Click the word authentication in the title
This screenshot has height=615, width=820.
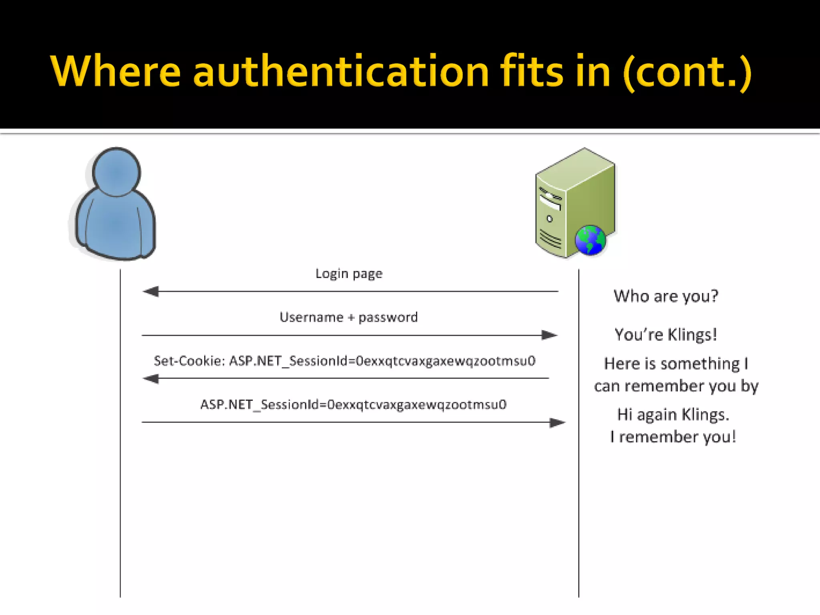pyautogui.click(x=341, y=72)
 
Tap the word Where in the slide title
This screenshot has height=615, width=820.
pyautogui.click(x=116, y=72)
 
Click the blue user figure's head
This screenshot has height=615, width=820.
pyautogui.click(x=117, y=172)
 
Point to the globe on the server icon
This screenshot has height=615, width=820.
pyautogui.click(x=590, y=240)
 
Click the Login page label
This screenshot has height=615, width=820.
pyautogui.click(x=349, y=274)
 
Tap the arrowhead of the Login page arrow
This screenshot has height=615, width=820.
pyautogui.click(x=151, y=291)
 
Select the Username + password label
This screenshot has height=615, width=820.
pyautogui.click(x=348, y=318)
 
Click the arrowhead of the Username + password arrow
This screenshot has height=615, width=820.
pyautogui.click(x=549, y=335)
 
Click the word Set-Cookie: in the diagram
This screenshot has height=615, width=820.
pyautogui.click(x=189, y=361)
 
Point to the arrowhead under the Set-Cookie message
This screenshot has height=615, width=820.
pyautogui.click(x=151, y=378)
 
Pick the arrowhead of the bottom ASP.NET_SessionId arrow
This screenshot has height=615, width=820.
pyautogui.click(x=557, y=422)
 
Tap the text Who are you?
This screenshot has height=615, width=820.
pyautogui.click(x=666, y=296)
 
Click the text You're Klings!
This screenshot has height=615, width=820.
pyautogui.click(x=666, y=335)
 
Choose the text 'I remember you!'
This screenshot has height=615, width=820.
pyautogui.click(x=673, y=437)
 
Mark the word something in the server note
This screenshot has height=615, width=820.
pyautogui.click(x=700, y=364)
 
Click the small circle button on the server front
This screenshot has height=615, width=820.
pyautogui.click(x=549, y=219)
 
